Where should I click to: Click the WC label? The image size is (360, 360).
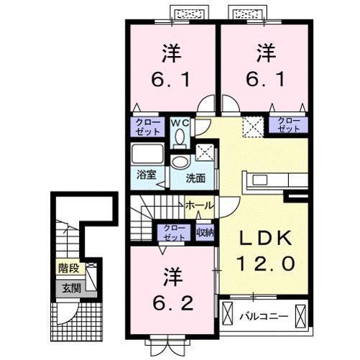[178, 122]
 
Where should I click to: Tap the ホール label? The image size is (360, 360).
[199, 206]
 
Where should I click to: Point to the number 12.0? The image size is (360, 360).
[262, 264]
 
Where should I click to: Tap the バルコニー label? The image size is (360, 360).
[264, 315]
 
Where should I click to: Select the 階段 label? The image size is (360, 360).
[69, 272]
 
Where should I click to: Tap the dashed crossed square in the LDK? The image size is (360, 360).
[252, 126]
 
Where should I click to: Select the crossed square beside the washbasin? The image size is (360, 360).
[205, 153]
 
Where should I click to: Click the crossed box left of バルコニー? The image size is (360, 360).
[229, 315]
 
